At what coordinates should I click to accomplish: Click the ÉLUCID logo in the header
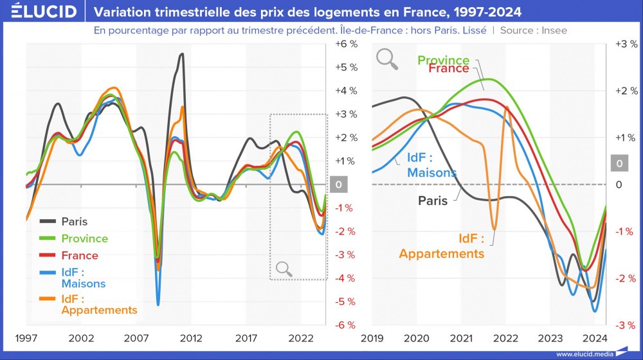[39, 12]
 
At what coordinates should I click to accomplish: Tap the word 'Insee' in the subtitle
[552, 30]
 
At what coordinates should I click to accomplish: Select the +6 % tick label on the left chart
[345, 44]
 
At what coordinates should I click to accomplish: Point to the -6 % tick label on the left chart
[345, 325]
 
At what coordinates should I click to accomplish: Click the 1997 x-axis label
[26, 338]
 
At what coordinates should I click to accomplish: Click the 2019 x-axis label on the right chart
[372, 338]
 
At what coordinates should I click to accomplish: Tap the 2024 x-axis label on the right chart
[595, 338]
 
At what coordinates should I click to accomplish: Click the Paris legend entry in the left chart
[74, 222]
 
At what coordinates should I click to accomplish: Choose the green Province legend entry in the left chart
[84, 239]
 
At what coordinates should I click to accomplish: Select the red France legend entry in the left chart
[80, 255]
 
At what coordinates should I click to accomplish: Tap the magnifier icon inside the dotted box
[284, 269]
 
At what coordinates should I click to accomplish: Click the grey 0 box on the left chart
[338, 184]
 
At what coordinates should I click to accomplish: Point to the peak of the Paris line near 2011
[182, 54]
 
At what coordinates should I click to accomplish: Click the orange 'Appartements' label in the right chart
[441, 253]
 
